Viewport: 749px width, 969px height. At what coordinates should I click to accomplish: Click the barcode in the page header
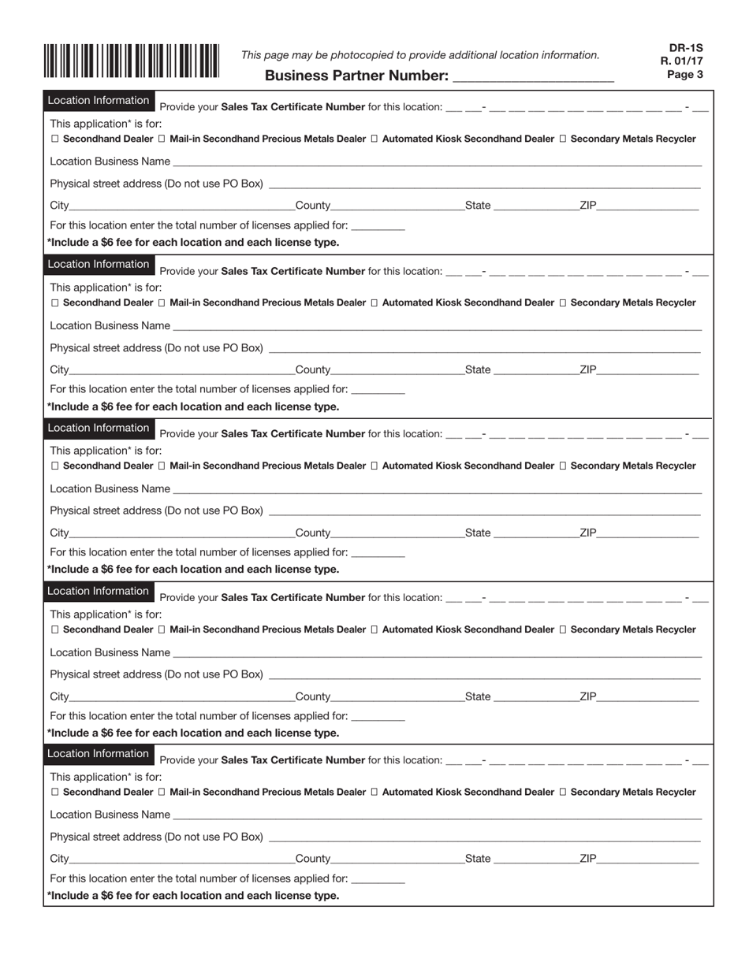131,61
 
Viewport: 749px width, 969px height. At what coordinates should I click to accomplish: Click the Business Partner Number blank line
533,77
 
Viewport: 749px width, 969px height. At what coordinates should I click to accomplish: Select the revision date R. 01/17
683,61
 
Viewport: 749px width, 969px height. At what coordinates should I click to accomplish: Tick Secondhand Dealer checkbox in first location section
54,139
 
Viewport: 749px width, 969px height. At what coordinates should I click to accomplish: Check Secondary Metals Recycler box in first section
563,139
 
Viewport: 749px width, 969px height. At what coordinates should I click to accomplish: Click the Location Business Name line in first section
436,162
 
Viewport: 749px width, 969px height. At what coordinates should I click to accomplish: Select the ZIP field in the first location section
647,207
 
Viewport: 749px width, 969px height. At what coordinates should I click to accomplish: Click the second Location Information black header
99,264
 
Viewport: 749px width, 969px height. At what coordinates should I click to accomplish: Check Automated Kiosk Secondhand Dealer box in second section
374,303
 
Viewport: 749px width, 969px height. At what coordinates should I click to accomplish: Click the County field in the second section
397,370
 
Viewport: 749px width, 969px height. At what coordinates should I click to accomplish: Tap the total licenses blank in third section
378,554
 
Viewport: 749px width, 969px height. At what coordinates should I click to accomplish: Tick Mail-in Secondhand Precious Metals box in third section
162,466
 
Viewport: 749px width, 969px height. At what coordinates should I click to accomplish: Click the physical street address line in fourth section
483,675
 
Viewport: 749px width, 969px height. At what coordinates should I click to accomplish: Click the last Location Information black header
99,754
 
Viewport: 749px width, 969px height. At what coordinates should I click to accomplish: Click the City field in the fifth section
181,859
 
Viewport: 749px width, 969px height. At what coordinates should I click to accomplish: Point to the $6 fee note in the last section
194,896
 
